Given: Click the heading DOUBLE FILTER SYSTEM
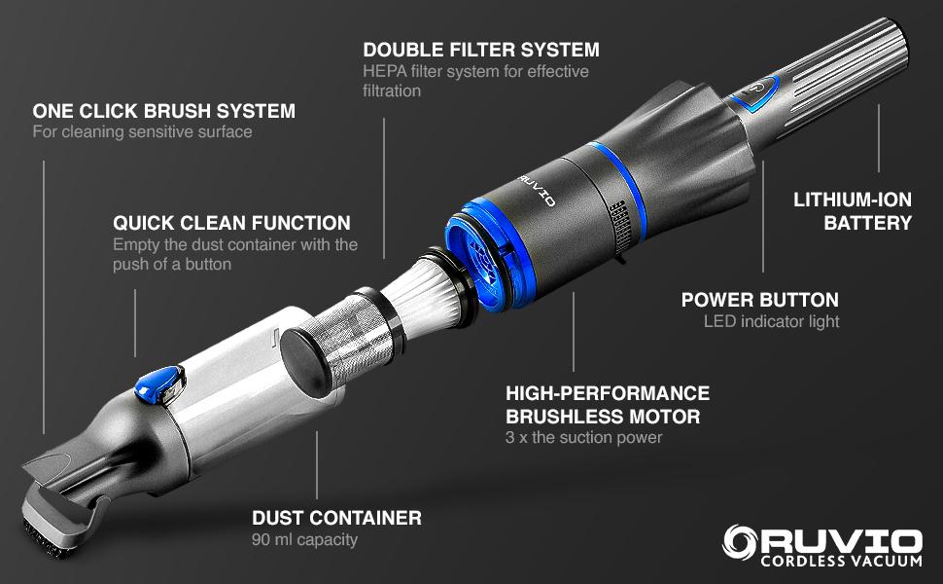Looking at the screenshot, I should [480, 49].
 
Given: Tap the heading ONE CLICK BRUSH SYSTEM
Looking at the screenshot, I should [163, 111].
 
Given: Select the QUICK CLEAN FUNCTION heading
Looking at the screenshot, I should [231, 223].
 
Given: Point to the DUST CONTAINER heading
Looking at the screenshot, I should [336, 518].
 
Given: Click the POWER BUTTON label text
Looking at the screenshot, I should [759, 300].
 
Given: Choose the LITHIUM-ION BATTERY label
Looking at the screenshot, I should [853, 211].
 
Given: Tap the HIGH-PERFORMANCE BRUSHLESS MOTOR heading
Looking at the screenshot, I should [608, 405].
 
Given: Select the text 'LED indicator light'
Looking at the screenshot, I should [770, 321].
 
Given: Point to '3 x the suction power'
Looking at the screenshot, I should [583, 438].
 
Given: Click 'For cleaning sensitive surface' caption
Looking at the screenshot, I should [142, 131].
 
